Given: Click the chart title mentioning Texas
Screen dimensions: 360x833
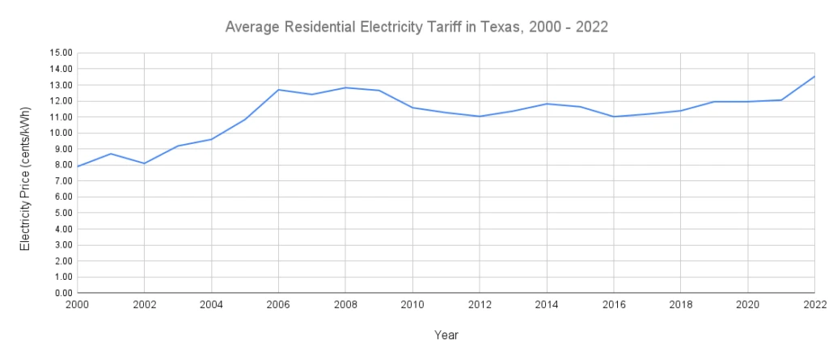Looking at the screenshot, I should tap(416, 28).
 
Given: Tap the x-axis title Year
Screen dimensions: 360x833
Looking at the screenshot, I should tap(446, 334).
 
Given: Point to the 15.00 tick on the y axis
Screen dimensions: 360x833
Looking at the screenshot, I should tap(61, 53).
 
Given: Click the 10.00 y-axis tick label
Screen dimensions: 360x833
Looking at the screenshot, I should tap(61, 133).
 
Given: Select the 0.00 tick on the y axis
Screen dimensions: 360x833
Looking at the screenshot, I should tap(63, 293).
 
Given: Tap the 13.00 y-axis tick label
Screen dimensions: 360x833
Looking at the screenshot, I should tap(61, 85).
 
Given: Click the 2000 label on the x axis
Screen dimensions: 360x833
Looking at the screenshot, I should tap(78, 305).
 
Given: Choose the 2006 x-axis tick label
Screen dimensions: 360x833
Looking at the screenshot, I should tap(278, 305).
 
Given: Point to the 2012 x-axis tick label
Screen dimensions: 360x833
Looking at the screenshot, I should tap(480, 305).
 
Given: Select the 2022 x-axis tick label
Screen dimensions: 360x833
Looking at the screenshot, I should tap(814, 305).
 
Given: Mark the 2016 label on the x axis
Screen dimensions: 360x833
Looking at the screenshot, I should tap(613, 305).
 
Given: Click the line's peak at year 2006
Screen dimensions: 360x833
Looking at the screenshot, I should tap(278, 90).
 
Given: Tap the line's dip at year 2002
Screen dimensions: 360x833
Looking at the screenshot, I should tap(144, 163).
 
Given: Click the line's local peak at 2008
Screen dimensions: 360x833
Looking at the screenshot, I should tap(345, 87).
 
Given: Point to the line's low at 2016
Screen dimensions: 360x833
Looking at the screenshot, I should tap(613, 116).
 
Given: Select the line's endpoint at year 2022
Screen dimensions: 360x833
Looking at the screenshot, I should tap(814, 77).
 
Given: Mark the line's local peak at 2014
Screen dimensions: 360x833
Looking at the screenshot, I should tap(547, 104).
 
